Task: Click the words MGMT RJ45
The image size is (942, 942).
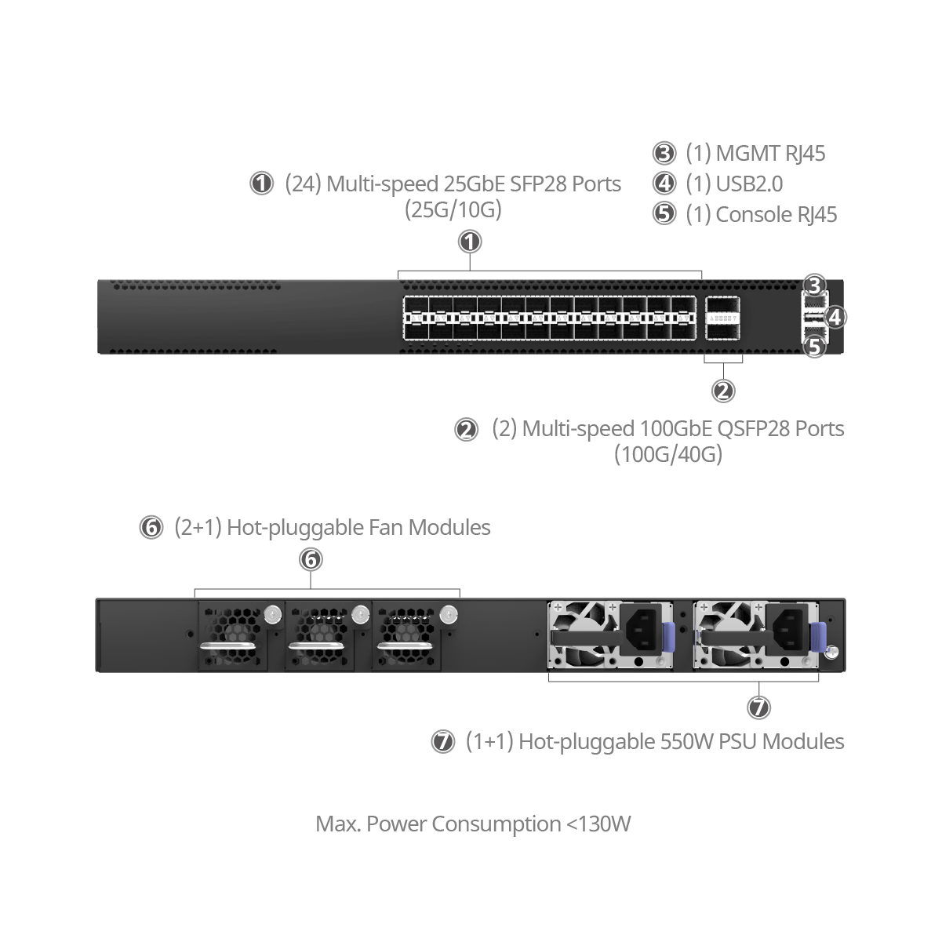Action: point(770,153)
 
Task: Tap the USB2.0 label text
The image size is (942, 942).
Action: point(749,184)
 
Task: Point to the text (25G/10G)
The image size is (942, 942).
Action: point(453,209)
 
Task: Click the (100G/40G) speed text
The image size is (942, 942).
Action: point(667,454)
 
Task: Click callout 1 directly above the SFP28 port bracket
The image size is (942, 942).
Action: point(469,242)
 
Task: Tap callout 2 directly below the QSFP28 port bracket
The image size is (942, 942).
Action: point(723,390)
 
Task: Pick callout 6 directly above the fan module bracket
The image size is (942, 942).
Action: point(311,559)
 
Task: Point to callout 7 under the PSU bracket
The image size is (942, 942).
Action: point(758,707)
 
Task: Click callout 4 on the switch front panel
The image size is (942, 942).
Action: point(835,317)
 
